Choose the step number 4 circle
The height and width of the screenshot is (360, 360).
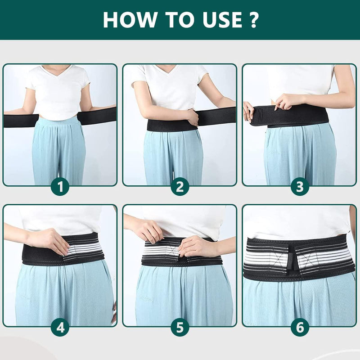coord(60,327)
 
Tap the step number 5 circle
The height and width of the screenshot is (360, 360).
coord(180,327)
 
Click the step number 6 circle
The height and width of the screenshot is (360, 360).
coord(300,327)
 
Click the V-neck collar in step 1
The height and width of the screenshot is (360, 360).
coord(60,71)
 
